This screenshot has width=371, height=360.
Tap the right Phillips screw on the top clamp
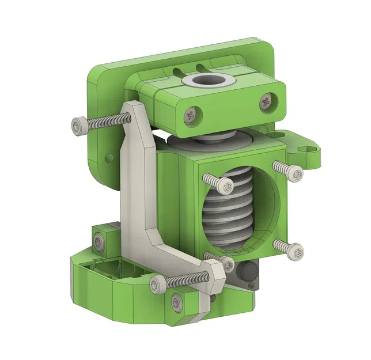pyautogui.click(x=266, y=101)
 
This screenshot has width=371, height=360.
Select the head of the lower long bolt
pyautogui.click(x=157, y=283)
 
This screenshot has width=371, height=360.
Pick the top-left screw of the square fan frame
pyautogui.click(x=226, y=187)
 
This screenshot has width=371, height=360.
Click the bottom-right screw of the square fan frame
pyautogui.click(x=295, y=251)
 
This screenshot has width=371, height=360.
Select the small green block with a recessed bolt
pyautogui.click(x=101, y=241)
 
